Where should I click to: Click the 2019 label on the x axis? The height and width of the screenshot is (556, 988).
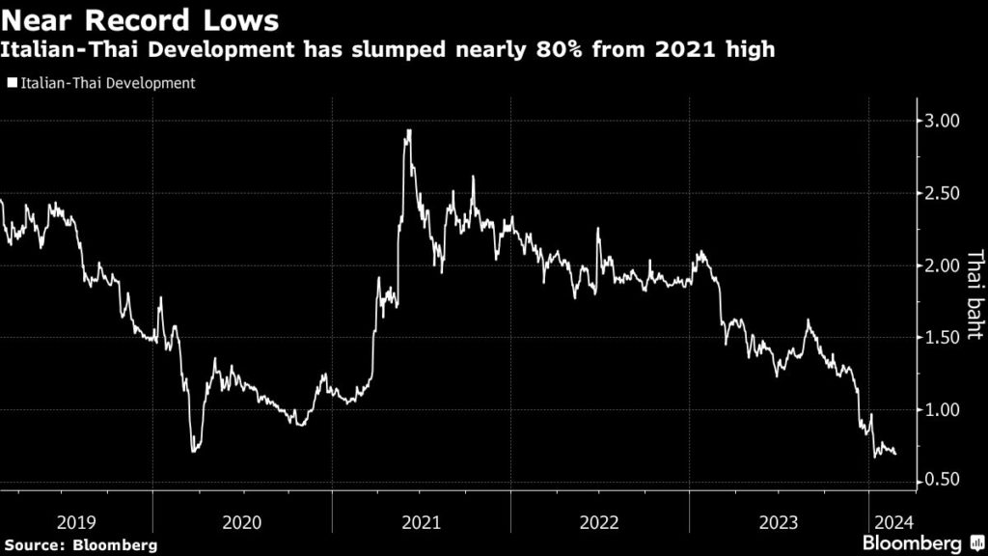pos(76,522)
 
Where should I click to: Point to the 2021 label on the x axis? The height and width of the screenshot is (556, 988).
pos(421,522)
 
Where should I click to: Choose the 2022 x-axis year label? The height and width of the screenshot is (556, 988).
pos(599,522)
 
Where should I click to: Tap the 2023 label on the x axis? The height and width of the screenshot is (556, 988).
pos(778,522)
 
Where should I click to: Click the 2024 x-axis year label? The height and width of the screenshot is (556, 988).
pos(888,522)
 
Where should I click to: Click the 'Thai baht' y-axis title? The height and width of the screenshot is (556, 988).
pos(974,294)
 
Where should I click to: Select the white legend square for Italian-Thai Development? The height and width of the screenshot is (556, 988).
pos(12,84)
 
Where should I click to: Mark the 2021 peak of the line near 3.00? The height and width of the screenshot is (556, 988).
pos(409,130)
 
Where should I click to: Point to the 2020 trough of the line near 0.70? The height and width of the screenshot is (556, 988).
pos(195,450)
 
